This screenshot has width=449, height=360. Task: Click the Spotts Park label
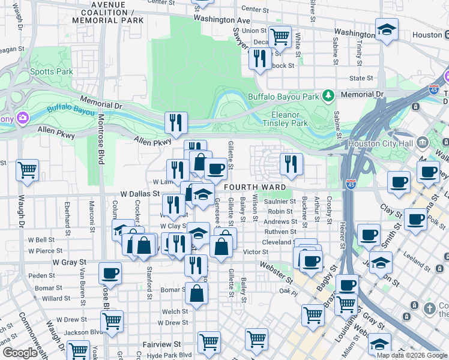[x=51, y=72]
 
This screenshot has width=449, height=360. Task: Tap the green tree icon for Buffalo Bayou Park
[x=328, y=95]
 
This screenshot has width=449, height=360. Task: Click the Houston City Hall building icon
[x=423, y=143]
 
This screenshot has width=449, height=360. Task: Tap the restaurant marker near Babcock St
[x=259, y=59]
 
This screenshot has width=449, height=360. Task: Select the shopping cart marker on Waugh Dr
[x=27, y=170]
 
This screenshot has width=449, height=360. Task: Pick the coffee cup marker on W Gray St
[x=110, y=274]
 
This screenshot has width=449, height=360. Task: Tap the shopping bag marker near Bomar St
[x=196, y=293]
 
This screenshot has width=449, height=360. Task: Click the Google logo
[x=20, y=353]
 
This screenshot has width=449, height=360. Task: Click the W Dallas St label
[x=139, y=194]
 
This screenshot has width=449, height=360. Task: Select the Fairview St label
[x=161, y=344]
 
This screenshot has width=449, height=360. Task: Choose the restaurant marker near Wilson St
[x=291, y=164]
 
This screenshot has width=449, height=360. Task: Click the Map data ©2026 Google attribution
[x=412, y=355]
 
